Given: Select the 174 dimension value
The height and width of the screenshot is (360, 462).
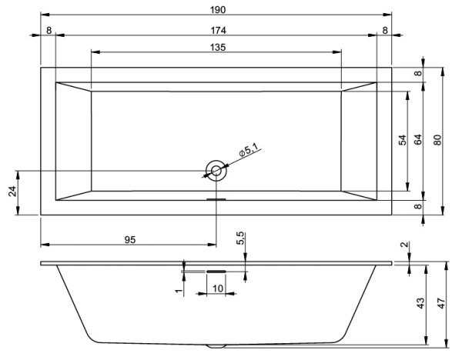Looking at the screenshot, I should [x=216, y=29].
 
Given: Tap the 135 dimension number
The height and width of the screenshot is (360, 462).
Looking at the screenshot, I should [x=216, y=47].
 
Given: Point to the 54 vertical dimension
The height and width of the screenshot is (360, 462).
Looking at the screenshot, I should [x=401, y=141].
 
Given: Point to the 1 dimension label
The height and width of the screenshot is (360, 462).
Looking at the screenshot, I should [x=178, y=291].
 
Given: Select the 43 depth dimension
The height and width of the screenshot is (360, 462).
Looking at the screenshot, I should [x=420, y=304].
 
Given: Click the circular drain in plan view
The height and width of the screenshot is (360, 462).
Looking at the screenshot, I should [x=216, y=170].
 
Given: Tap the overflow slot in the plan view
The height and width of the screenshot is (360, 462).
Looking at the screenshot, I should [x=216, y=198].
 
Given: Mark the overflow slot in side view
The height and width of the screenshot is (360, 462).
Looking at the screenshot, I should [x=216, y=271].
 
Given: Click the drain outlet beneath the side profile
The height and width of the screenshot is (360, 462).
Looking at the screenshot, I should [x=216, y=346].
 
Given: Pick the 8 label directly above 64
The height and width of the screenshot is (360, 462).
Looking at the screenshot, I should [x=418, y=74].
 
